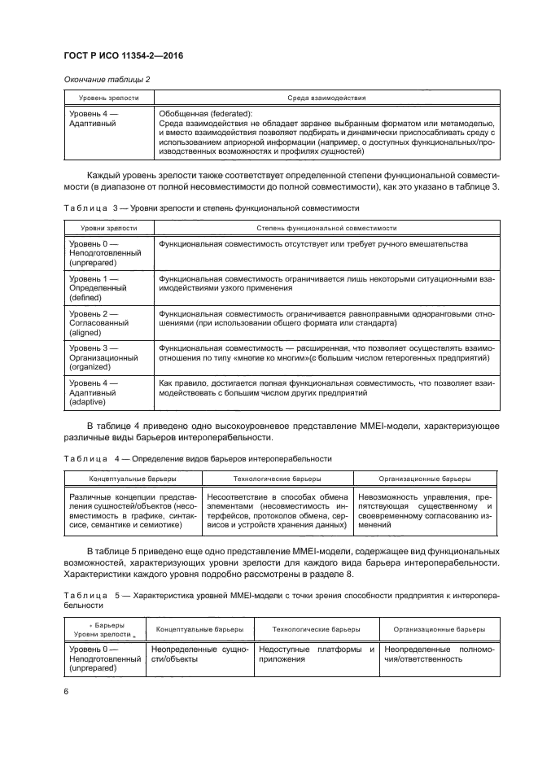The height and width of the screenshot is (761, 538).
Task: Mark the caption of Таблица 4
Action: pyautogui.click(x=197, y=459)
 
